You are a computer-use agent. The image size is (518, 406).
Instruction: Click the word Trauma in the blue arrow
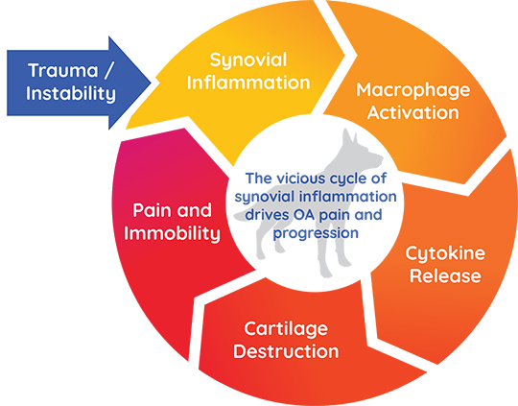pyautogui.click(x=63, y=70)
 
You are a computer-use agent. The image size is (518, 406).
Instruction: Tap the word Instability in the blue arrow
pyautogui.click(x=71, y=93)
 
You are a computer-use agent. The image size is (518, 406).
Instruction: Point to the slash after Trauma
pyautogui.click(x=108, y=70)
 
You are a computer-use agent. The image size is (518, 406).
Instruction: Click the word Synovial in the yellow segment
pyautogui.click(x=248, y=60)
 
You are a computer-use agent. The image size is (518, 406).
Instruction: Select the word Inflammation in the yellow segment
pyautogui.click(x=248, y=83)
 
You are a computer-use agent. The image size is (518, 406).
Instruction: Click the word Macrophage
pyautogui.click(x=412, y=90)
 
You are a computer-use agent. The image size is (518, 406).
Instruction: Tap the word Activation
pyautogui.click(x=412, y=112)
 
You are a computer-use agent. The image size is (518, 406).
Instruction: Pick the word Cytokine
pyautogui.click(x=445, y=254)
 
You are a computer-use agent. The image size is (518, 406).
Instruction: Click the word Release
pyautogui.click(x=445, y=276)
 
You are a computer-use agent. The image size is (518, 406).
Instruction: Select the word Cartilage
pyautogui.click(x=286, y=329)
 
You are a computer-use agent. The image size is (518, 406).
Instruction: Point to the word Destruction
pyautogui.click(x=286, y=351)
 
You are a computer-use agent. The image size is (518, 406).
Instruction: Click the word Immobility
pyautogui.click(x=172, y=233)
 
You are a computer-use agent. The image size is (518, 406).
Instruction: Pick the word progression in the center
pyautogui.click(x=316, y=233)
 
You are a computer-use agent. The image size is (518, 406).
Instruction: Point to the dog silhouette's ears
pyautogui.click(x=349, y=136)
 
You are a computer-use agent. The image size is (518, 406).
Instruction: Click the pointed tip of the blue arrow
pyautogui.click(x=151, y=83)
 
